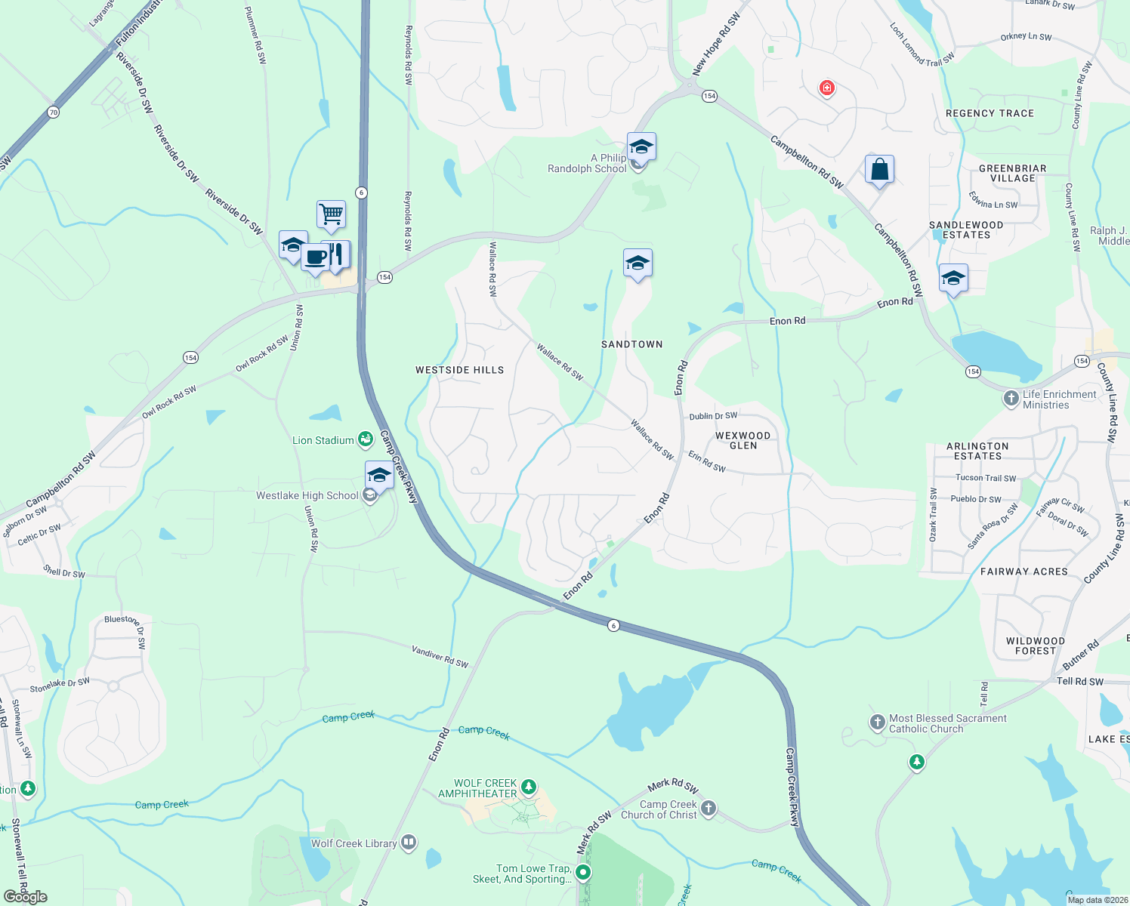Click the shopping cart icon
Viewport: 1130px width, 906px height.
[x=331, y=214]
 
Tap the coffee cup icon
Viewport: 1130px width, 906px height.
[x=316, y=257]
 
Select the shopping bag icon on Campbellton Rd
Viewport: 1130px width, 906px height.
[x=879, y=169]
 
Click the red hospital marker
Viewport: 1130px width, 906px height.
[x=827, y=88]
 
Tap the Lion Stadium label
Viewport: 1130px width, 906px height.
[x=323, y=440]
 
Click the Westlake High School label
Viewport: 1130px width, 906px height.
[x=307, y=495]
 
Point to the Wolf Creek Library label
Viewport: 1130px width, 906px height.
[x=354, y=843]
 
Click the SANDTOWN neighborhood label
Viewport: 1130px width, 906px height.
[x=631, y=344]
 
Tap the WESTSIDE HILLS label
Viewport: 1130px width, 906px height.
[x=459, y=370]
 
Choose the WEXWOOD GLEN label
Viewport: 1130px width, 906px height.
[x=743, y=440]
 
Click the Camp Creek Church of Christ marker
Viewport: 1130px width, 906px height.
[x=708, y=809]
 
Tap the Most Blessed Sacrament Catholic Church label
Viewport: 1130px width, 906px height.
[x=947, y=723]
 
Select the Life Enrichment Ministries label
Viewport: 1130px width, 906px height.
[x=1059, y=399]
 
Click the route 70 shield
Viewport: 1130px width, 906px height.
[x=52, y=112]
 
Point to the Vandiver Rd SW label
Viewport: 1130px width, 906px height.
[x=440, y=656]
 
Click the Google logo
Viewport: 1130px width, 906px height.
[x=26, y=897]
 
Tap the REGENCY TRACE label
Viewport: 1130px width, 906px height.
[x=990, y=113]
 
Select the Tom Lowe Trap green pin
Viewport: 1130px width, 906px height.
[x=583, y=873]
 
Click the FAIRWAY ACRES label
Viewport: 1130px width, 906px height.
[x=1023, y=572]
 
